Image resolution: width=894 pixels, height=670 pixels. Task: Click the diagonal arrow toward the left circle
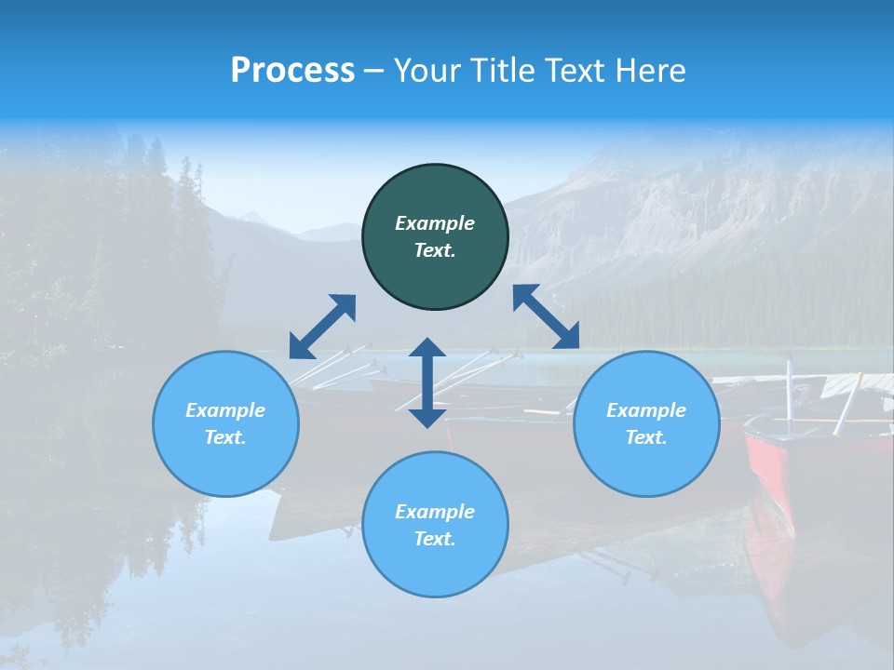pos(322,327)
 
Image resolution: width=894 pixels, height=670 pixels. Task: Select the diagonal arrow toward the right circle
pos(546,316)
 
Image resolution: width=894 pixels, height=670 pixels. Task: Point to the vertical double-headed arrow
pos(427,382)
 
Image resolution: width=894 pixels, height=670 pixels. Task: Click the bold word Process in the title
pos(292,71)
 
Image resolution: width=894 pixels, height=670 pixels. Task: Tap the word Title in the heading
pos(505,71)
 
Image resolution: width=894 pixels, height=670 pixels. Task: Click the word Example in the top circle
pos(435,223)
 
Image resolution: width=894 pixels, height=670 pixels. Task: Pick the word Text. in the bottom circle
pos(435,539)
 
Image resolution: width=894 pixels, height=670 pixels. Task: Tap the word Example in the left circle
pos(225,410)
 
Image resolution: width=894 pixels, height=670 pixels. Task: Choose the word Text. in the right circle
pos(646,437)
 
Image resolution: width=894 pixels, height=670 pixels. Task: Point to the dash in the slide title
pos(373,72)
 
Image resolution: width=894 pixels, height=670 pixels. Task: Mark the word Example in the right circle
pos(646,410)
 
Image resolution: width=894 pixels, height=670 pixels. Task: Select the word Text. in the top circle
pos(435,250)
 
